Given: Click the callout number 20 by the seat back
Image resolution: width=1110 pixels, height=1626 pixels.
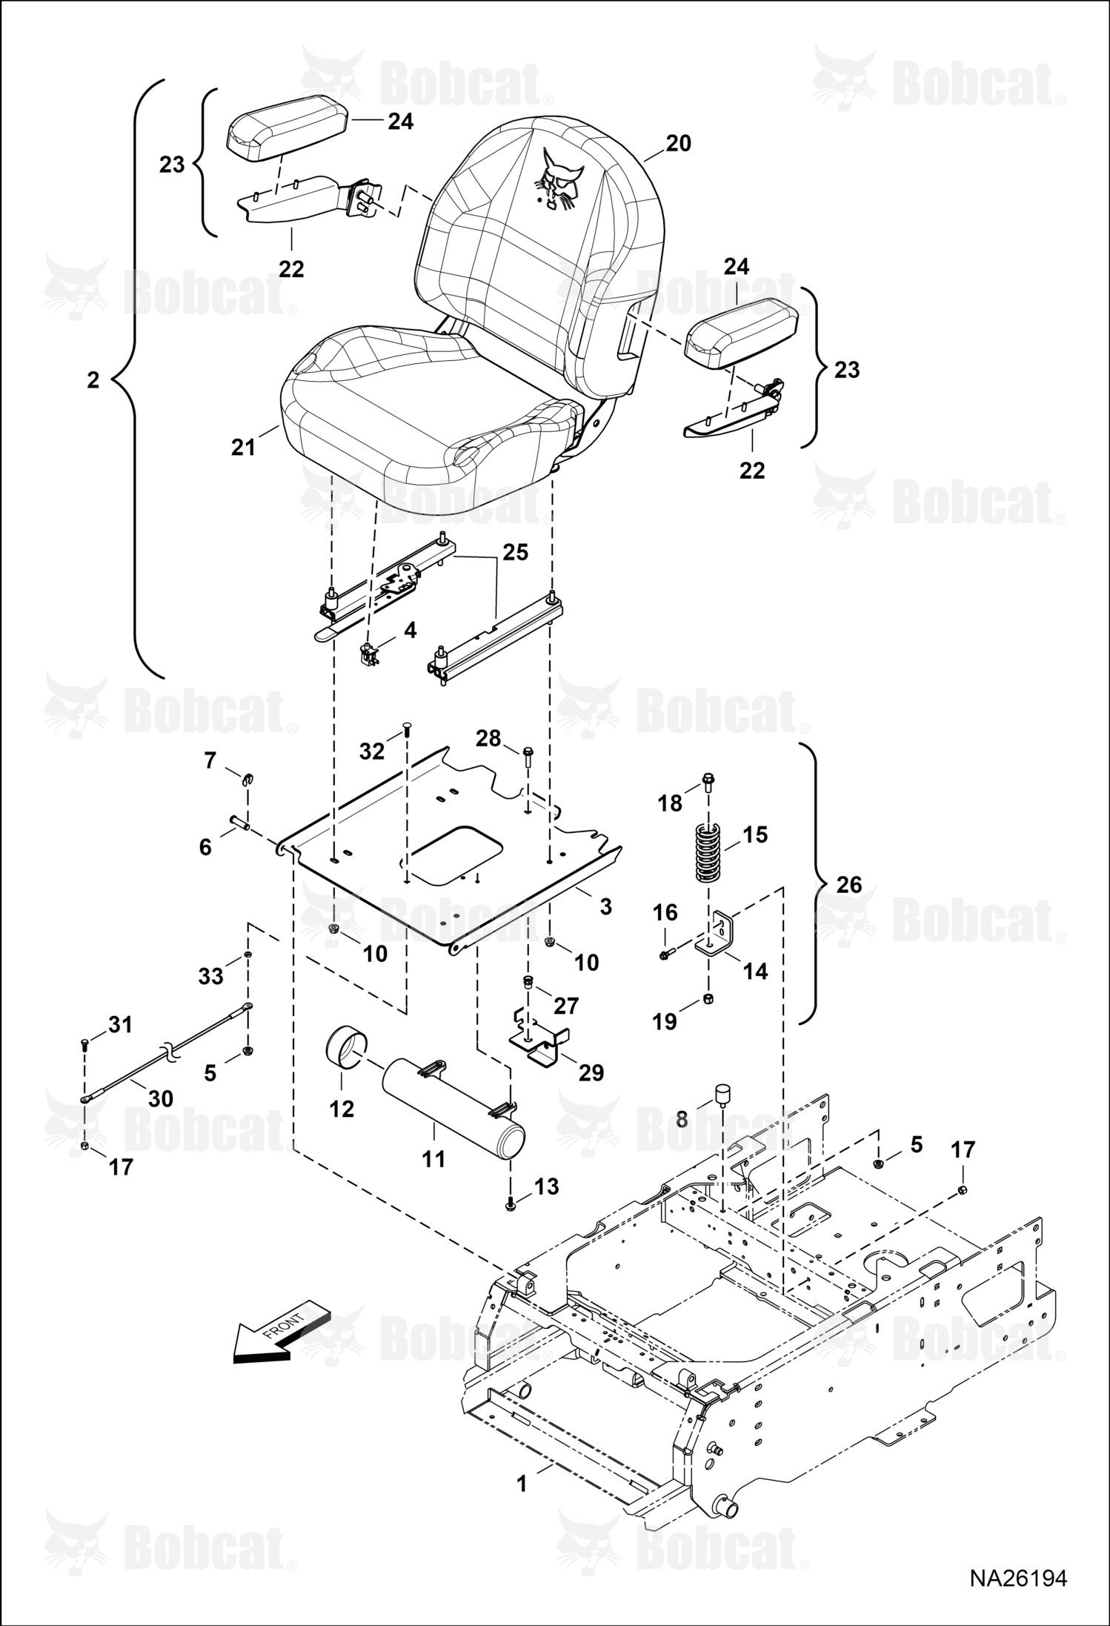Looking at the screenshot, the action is (x=678, y=143).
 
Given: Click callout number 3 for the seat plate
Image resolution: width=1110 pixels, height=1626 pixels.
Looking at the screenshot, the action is (x=605, y=906).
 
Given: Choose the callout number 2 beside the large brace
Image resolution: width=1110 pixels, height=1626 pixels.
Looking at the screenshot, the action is (x=93, y=380).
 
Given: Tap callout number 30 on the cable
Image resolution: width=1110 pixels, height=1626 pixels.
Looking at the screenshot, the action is (x=161, y=1098).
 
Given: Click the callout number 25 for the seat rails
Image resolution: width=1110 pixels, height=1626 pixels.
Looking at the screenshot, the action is (x=516, y=552).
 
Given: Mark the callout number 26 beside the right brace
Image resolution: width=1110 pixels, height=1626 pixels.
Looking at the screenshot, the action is (x=849, y=884).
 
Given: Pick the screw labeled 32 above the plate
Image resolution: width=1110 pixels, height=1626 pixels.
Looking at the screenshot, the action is (x=408, y=734).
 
